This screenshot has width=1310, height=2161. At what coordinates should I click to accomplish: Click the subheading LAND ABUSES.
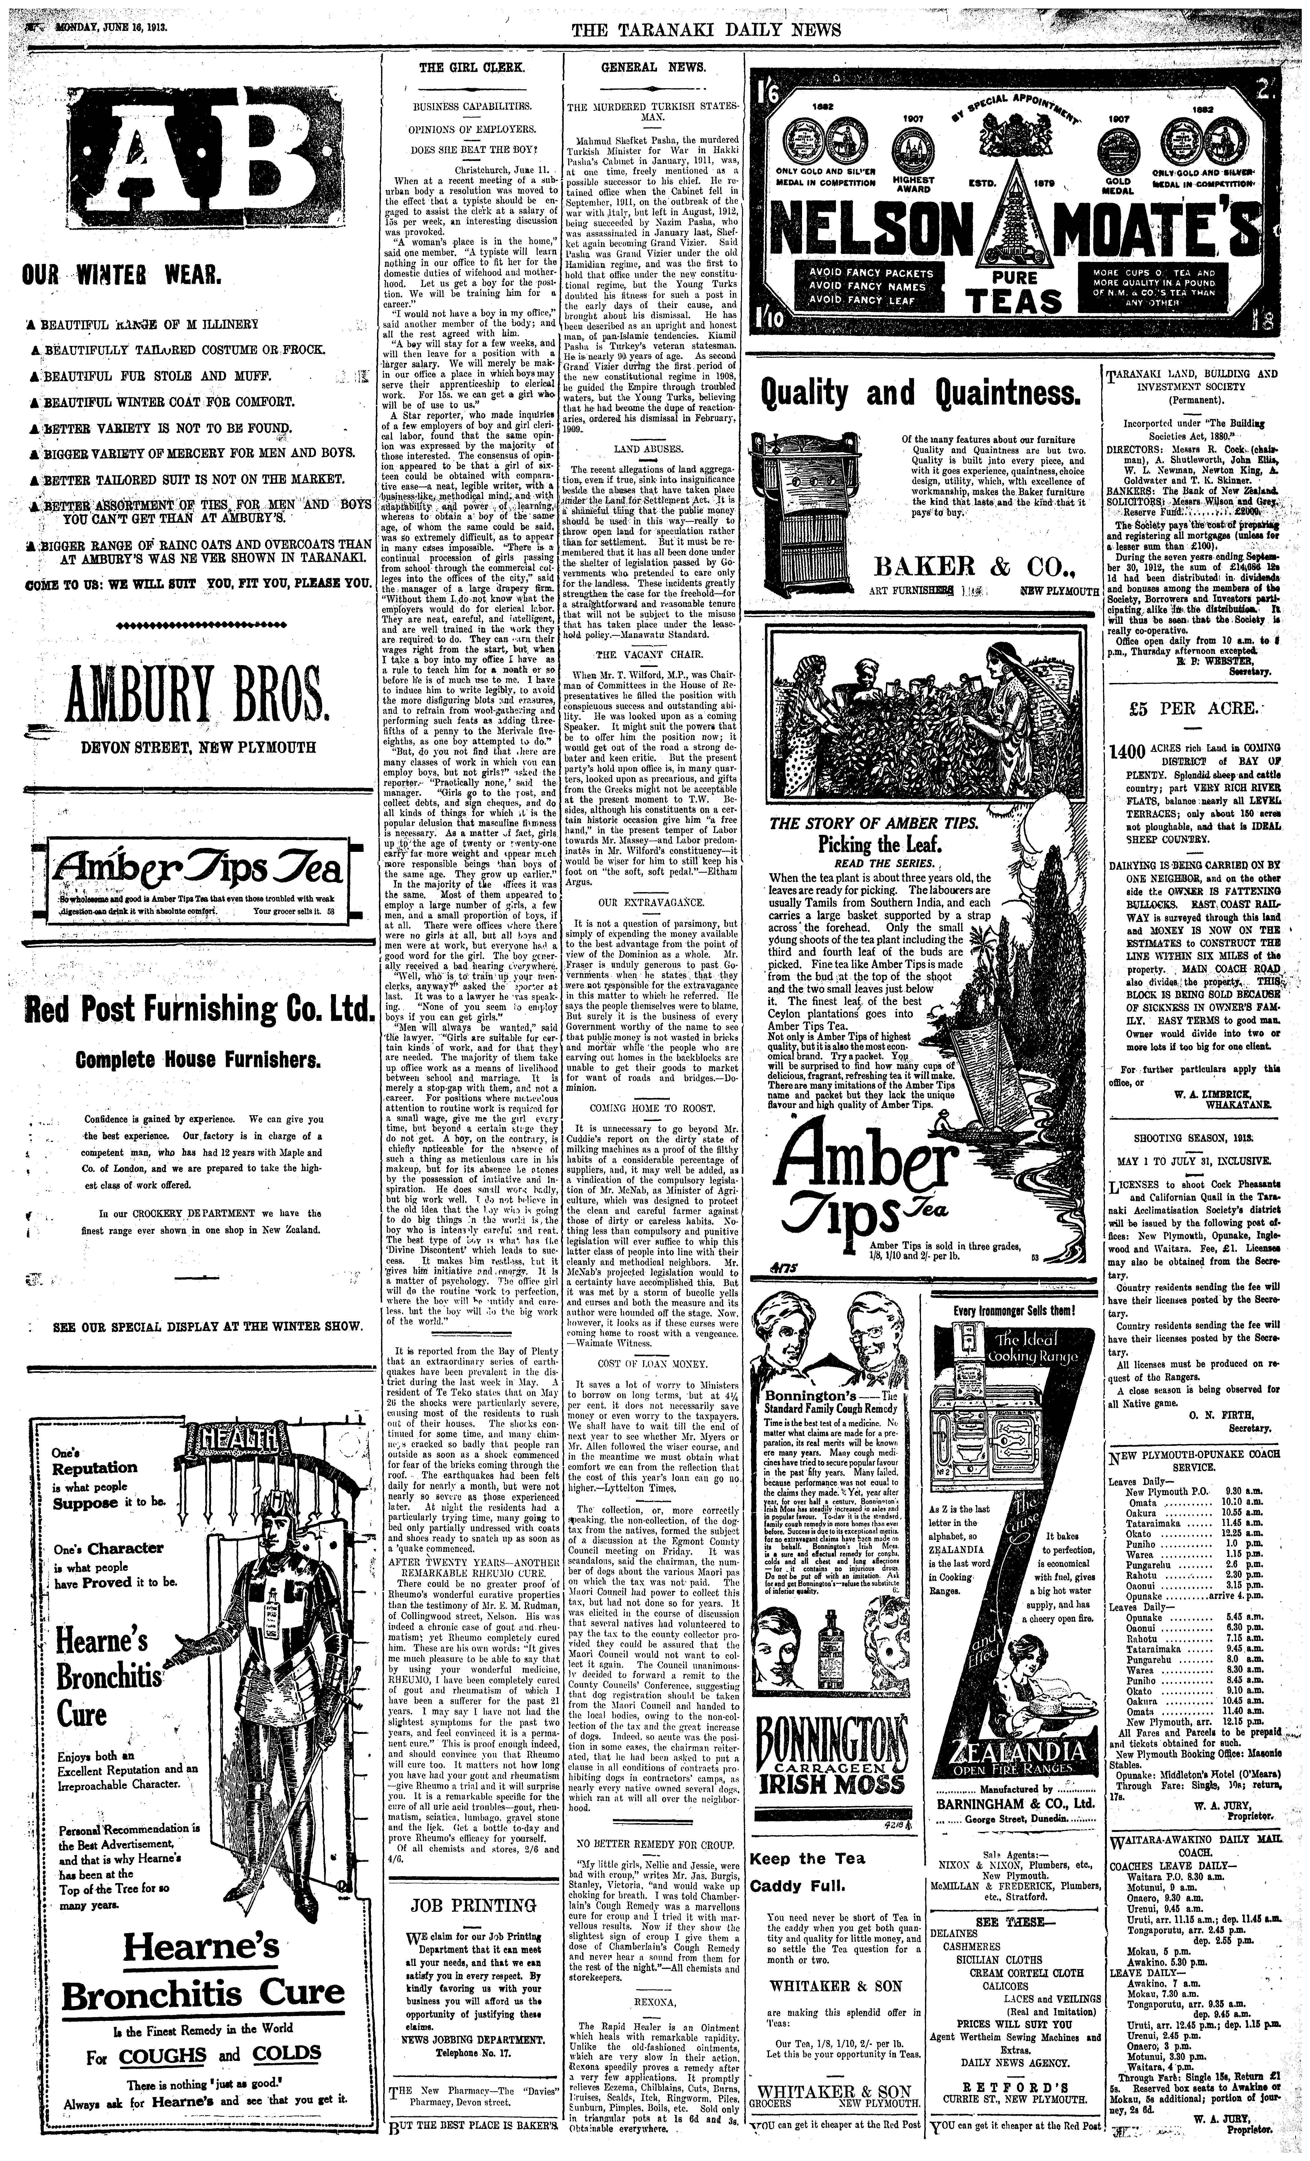tap(650, 448)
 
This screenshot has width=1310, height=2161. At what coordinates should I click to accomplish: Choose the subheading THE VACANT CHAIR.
tap(650, 654)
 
